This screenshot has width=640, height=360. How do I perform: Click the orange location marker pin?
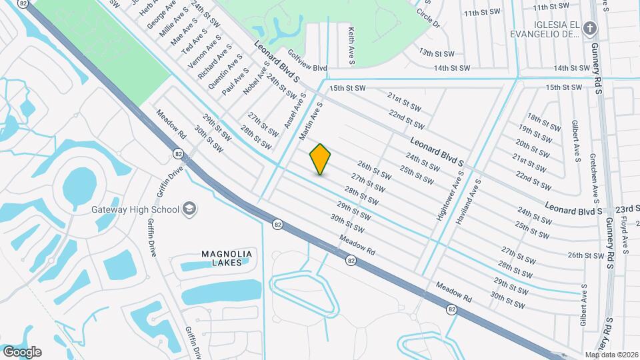pos(321,159)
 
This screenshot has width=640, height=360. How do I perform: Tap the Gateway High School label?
pos(135,209)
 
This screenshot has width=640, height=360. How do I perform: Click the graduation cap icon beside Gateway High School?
pos(189,209)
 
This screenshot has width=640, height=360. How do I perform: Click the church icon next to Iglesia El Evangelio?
pos(589,28)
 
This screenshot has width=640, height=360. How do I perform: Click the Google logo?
pos(21,352)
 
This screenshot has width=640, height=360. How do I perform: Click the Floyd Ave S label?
pos(625,234)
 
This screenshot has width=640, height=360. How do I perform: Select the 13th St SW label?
pos(437,53)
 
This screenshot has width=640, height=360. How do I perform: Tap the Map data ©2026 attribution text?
pos(612,355)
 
